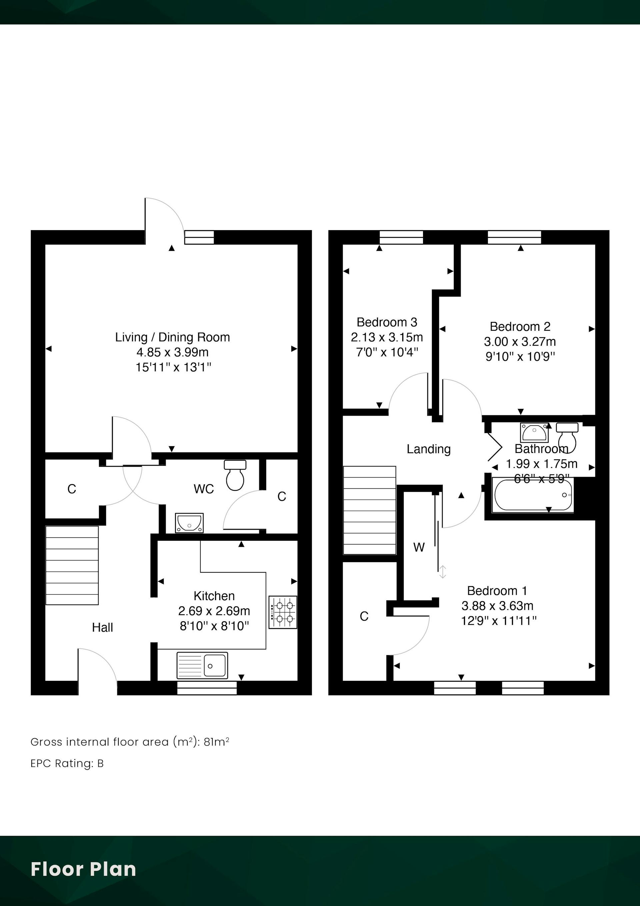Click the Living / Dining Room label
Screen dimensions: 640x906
(172, 337)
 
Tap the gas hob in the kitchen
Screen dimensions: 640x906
(283, 612)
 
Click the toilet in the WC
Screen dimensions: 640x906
(235, 475)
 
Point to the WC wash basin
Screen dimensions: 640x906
(189, 523)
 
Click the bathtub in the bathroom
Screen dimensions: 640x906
(533, 495)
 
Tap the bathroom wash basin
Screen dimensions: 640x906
(534, 432)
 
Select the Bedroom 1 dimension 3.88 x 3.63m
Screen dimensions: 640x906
(497, 606)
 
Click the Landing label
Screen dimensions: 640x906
(429, 449)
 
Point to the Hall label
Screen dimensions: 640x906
(103, 627)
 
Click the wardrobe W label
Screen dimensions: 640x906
(419, 547)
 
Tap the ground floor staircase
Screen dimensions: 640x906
(72, 565)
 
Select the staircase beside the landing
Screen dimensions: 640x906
(369, 510)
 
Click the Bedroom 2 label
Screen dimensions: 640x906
(520, 327)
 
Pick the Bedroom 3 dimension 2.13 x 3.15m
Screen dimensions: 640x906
(387, 337)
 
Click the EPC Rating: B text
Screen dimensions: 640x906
(67, 764)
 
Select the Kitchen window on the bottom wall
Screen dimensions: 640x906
(207, 688)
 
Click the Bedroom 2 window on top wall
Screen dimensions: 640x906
(514, 238)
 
